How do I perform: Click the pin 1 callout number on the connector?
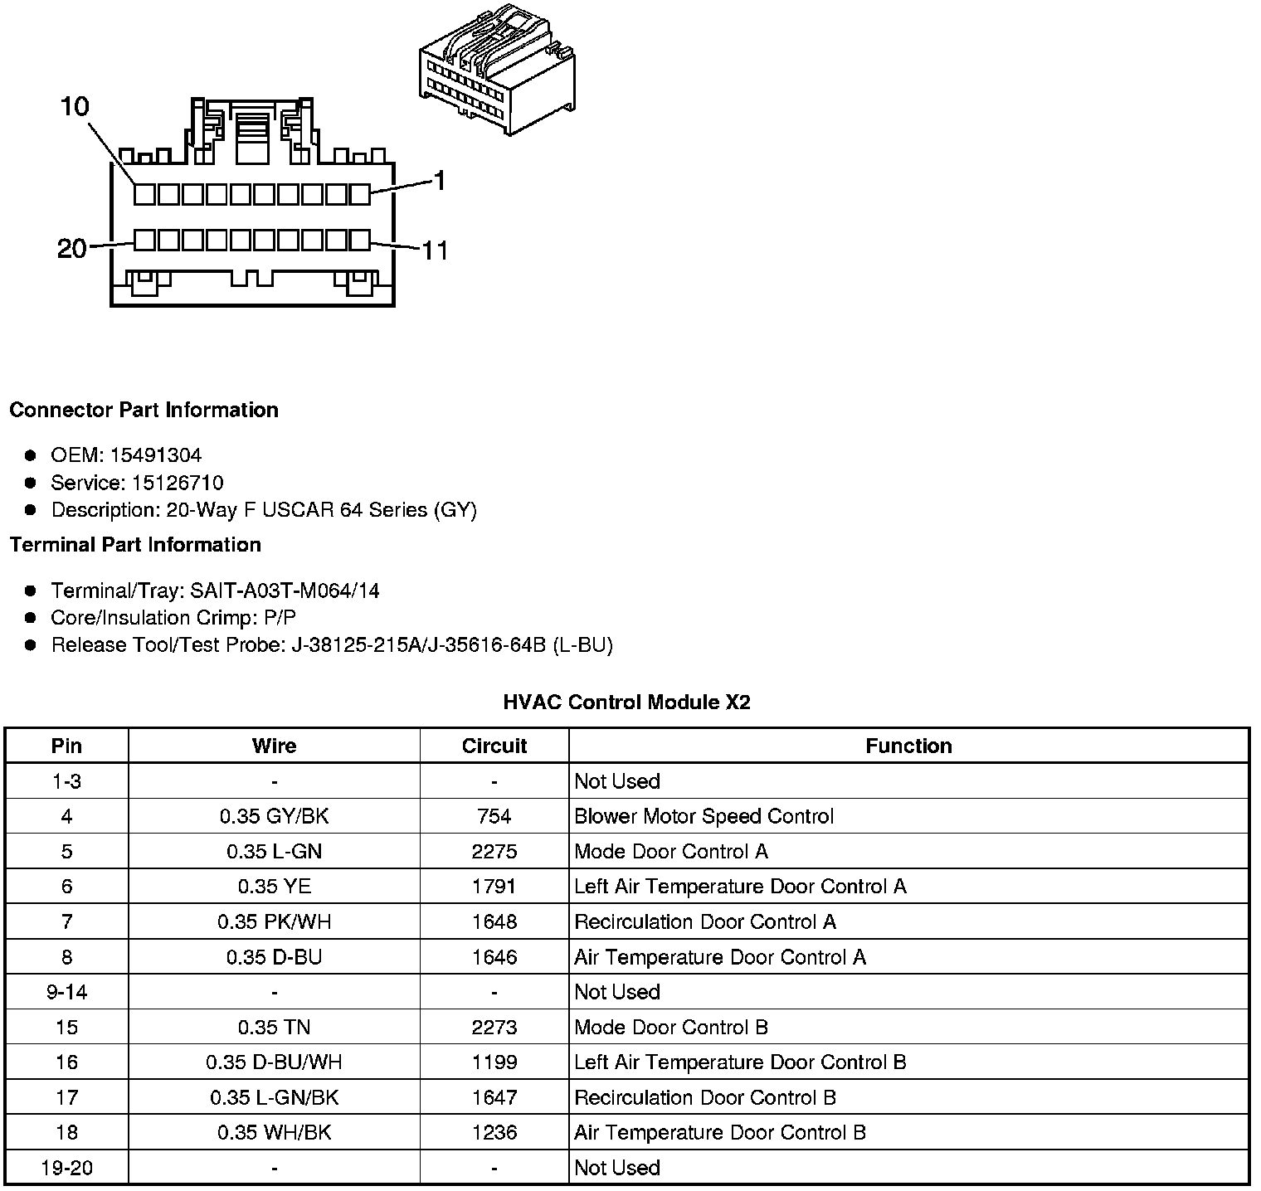click(439, 180)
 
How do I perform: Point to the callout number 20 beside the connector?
click(72, 248)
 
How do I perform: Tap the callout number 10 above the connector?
click(75, 107)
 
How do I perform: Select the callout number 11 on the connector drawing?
click(435, 250)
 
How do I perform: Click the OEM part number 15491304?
click(156, 455)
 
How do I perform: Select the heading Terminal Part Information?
click(135, 545)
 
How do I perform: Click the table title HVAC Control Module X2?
click(626, 702)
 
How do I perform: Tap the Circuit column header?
click(494, 746)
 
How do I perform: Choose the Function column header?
click(908, 746)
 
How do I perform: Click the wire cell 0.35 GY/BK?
click(274, 816)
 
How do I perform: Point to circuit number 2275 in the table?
click(494, 852)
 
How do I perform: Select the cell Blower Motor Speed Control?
click(704, 816)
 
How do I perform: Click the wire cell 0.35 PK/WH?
click(274, 921)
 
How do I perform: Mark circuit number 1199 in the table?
click(494, 1062)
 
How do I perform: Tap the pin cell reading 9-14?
click(66, 992)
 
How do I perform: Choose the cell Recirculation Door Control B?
click(705, 1097)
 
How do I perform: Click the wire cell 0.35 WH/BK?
click(274, 1133)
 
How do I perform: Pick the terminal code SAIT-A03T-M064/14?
click(285, 591)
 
